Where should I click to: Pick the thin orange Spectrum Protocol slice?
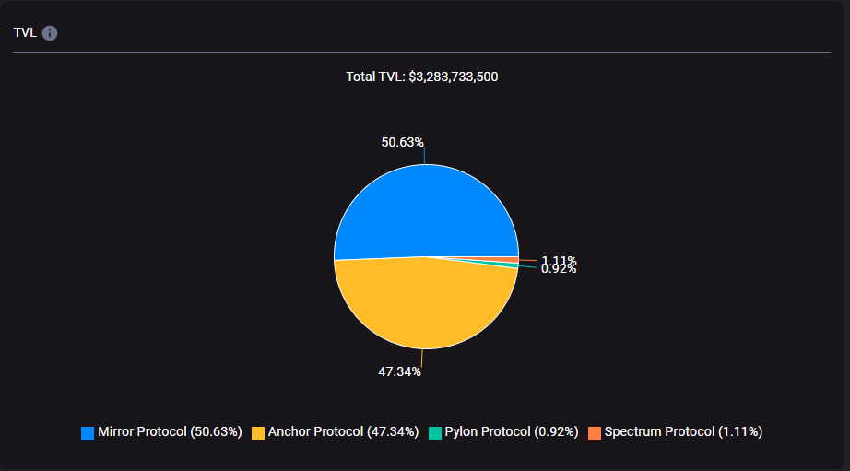(502, 259)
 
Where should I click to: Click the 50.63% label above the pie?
(402, 142)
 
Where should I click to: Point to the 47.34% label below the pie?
(399, 371)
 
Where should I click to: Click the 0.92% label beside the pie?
(559, 269)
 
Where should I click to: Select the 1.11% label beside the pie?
(559, 260)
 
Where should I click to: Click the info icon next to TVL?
(50, 33)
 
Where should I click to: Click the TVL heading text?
(24, 33)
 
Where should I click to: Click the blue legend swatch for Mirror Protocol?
(88, 432)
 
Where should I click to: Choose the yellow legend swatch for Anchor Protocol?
(258, 432)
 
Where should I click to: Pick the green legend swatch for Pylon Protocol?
(435, 432)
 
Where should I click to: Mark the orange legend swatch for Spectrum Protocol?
(595, 432)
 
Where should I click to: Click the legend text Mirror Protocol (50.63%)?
(170, 431)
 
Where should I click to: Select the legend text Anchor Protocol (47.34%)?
(343, 431)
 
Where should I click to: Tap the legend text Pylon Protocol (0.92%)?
(512, 431)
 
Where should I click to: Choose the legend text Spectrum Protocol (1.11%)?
(683, 431)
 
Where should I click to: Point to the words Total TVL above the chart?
(373, 77)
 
